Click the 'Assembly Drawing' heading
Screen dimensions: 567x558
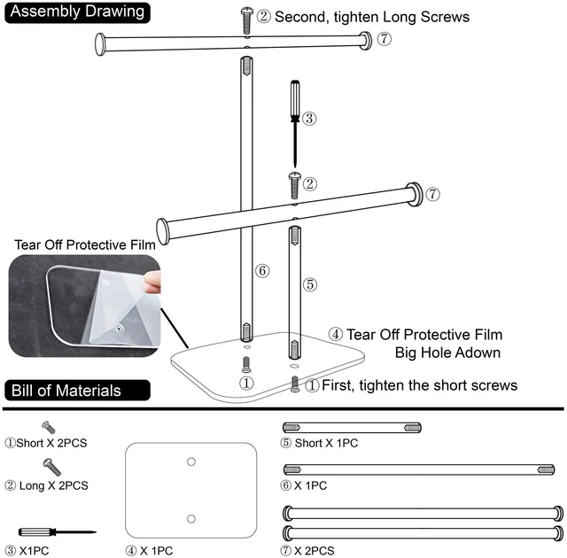tap(77, 12)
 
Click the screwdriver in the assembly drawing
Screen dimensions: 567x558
tap(295, 124)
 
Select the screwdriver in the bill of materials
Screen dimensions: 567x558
tap(57, 532)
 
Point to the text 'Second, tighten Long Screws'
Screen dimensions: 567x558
tap(372, 17)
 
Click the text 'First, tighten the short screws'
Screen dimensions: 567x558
tap(419, 385)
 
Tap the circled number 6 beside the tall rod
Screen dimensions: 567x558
tap(262, 270)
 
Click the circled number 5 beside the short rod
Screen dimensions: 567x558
tap(310, 284)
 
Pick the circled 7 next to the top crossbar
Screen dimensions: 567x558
tap(384, 38)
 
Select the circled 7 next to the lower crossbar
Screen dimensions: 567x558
tap(432, 194)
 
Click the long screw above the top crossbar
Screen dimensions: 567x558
tap(247, 21)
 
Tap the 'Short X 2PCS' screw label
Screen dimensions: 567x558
tap(46, 443)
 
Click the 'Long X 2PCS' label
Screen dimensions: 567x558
tap(47, 485)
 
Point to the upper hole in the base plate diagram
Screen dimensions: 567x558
tap(191, 461)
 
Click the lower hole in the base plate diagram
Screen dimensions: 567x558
tap(191, 519)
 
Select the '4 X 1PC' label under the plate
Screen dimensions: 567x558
tap(150, 551)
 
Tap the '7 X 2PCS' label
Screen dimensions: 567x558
tap(307, 551)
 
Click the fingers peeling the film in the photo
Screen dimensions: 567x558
tap(153, 282)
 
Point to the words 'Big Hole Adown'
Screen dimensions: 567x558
tap(447, 353)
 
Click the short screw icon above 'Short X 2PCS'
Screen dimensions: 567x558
tap(49, 427)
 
